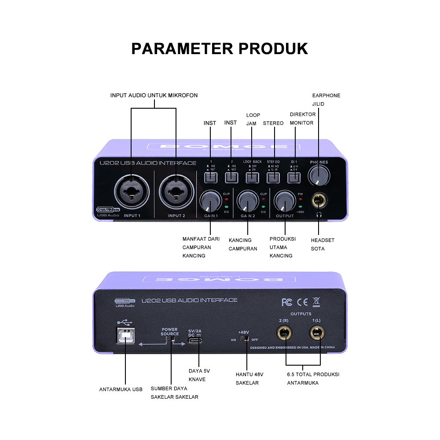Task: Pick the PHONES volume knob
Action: pyautogui.click(x=319, y=176)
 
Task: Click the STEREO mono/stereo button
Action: pyautogui.click(x=273, y=177)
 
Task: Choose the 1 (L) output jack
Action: pyautogui.click(x=315, y=334)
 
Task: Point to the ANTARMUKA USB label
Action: pyautogui.click(x=121, y=389)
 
